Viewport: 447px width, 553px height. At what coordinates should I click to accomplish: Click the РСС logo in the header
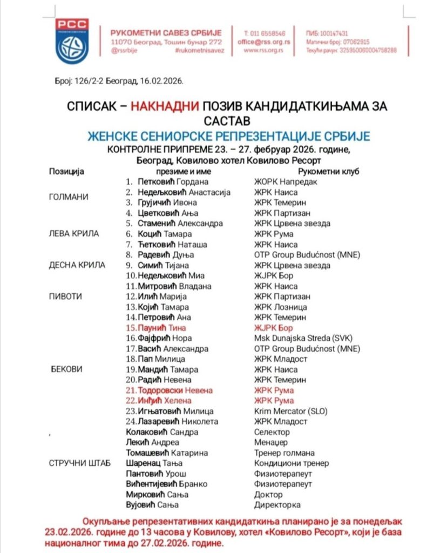(72, 41)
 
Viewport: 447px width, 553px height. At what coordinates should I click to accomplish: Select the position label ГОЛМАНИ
(69, 197)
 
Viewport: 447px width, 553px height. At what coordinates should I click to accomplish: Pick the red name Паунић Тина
(162, 328)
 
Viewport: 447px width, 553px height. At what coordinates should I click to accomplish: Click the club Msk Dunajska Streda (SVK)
(300, 338)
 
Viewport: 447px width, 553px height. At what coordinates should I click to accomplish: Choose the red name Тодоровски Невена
(175, 390)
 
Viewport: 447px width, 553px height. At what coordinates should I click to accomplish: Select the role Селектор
(272, 432)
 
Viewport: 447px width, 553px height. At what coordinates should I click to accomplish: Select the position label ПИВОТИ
(64, 296)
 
